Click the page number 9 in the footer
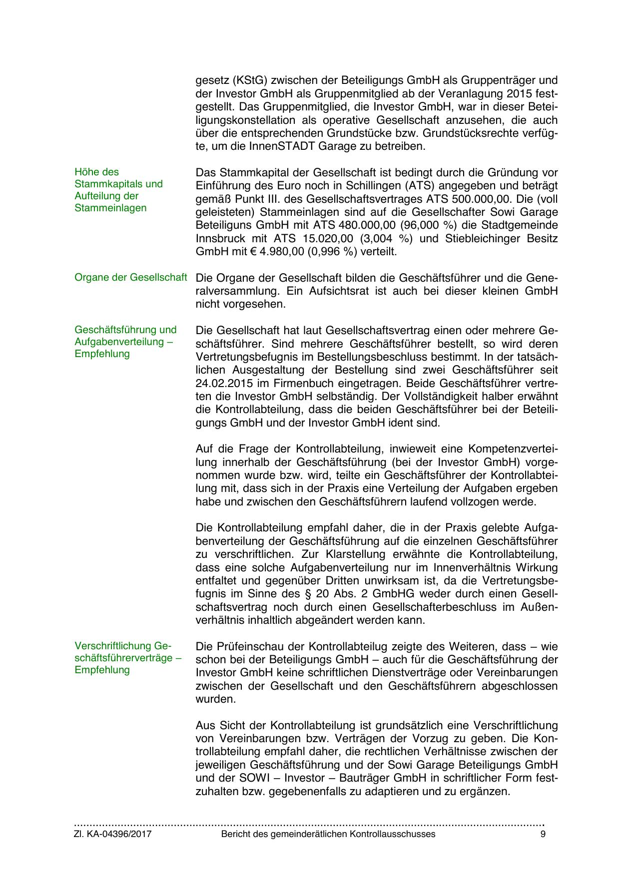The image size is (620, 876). [x=543, y=834]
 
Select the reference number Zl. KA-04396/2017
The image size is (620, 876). [x=113, y=834]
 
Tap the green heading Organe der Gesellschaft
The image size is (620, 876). [x=130, y=277]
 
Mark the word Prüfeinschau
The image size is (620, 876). [x=248, y=646]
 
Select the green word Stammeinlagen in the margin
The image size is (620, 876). [x=110, y=208]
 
